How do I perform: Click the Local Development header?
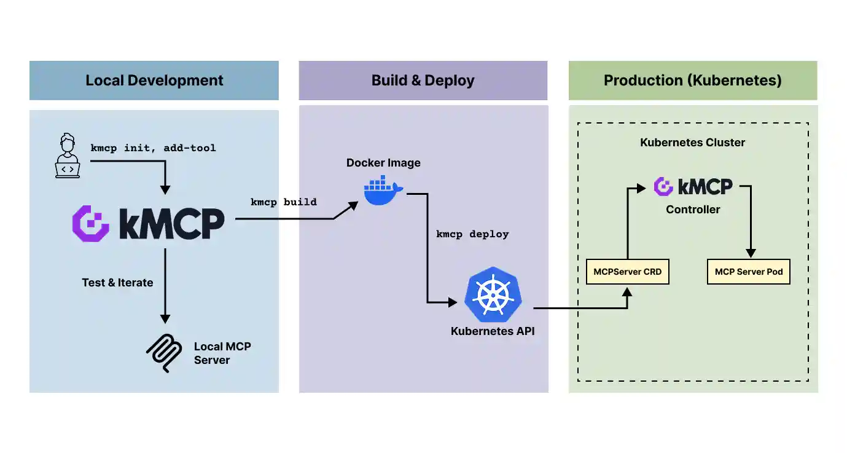(154, 81)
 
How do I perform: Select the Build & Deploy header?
(423, 81)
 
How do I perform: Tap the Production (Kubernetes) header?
(692, 81)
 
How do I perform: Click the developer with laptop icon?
(68, 157)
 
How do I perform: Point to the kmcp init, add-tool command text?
(153, 148)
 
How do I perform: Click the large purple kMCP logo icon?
(91, 224)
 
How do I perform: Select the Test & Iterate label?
(117, 283)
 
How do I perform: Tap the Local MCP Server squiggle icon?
(164, 353)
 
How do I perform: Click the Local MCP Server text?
(222, 353)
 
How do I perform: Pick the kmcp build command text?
(283, 202)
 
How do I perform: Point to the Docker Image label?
(383, 163)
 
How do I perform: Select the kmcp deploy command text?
(472, 234)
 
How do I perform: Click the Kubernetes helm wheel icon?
(493, 295)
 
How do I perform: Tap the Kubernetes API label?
(493, 331)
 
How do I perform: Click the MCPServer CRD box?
(627, 272)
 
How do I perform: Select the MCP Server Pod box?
(749, 272)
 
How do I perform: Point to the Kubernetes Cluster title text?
(692, 143)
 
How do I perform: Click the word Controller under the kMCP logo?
(693, 210)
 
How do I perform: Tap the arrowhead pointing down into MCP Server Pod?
(750, 253)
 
